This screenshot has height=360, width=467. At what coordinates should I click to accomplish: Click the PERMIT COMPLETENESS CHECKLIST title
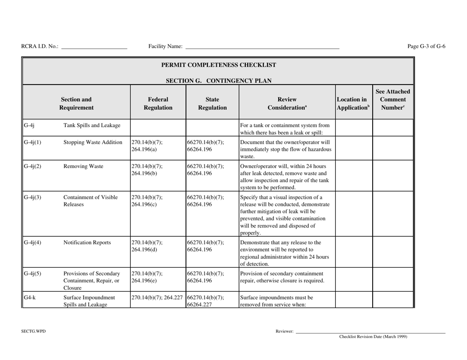point(218,64)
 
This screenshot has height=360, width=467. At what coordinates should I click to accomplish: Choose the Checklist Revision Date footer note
point(373,337)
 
